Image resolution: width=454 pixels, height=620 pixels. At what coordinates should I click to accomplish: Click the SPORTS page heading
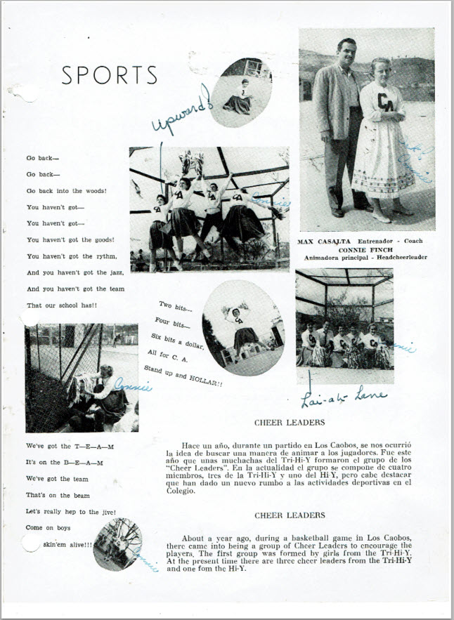109,75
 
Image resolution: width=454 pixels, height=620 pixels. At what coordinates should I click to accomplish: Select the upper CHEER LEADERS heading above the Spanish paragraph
290,423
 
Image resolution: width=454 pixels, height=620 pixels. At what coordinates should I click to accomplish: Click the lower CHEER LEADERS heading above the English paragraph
290,515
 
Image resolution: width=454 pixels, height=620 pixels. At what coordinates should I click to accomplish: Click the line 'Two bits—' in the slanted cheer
175,306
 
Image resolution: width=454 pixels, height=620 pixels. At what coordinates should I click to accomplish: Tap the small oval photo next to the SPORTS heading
241,92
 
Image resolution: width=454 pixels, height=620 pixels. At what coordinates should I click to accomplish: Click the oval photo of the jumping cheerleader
243,327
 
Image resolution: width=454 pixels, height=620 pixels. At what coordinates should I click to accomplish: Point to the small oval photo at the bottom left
117,543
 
